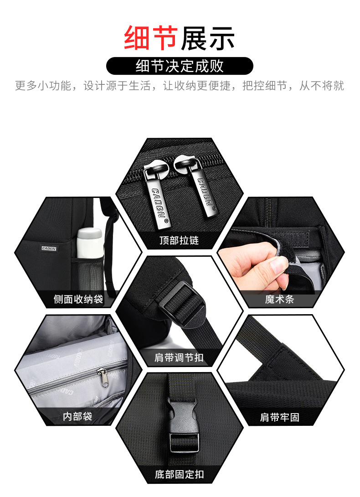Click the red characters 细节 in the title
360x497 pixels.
tap(150, 38)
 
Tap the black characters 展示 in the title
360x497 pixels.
tap(208, 38)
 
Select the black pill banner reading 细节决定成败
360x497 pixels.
tap(180, 66)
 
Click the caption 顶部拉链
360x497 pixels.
tap(179, 240)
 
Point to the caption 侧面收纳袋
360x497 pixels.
tap(78, 299)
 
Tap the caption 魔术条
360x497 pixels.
tap(279, 299)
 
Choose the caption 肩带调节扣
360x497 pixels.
tap(179, 357)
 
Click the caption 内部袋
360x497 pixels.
tap(77, 416)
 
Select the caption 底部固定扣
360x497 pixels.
tap(179, 474)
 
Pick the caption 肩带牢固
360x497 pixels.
tap(279, 417)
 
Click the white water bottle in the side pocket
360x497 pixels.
tap(90, 243)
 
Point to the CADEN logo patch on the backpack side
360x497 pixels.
tap(49, 248)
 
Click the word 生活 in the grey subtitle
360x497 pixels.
tap(140, 86)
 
